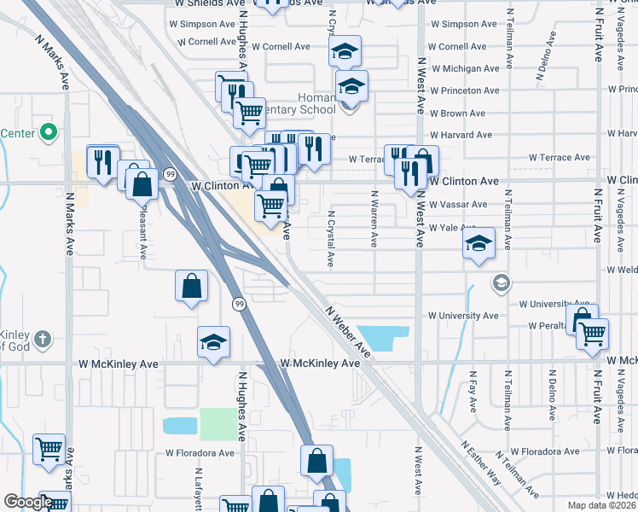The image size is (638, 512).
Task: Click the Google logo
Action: [x=28, y=502]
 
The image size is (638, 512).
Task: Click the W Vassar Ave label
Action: [x=457, y=205]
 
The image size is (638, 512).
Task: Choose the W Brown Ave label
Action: [x=457, y=113]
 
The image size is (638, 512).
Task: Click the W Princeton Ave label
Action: [x=464, y=90]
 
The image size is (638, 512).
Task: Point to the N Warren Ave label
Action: [x=374, y=218]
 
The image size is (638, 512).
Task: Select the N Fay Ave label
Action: [x=473, y=392]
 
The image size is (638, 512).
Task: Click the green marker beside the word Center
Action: [x=49, y=133]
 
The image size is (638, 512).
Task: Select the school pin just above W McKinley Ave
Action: [x=213, y=342]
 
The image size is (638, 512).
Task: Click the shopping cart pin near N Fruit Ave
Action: [x=592, y=333]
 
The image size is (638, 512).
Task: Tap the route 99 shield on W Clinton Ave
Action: [x=170, y=174]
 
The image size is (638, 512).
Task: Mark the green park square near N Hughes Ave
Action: [x=219, y=425]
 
